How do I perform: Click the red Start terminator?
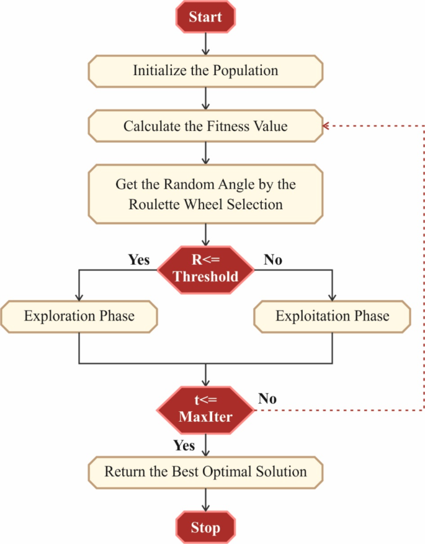click(x=205, y=17)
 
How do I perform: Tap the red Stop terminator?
click(x=205, y=528)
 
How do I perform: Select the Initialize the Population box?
click(x=205, y=70)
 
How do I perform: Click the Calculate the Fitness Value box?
click(x=205, y=126)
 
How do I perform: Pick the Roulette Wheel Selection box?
click(x=205, y=194)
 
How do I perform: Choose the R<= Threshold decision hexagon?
click(x=205, y=268)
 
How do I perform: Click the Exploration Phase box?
click(x=79, y=316)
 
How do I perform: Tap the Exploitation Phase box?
click(x=333, y=316)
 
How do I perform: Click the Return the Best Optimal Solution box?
click(x=205, y=471)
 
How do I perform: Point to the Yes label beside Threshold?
click(x=138, y=260)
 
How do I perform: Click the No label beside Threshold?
click(x=272, y=260)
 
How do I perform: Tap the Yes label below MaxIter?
click(x=183, y=445)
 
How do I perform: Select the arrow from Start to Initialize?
click(x=205, y=43)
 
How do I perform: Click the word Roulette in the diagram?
click(x=154, y=204)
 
